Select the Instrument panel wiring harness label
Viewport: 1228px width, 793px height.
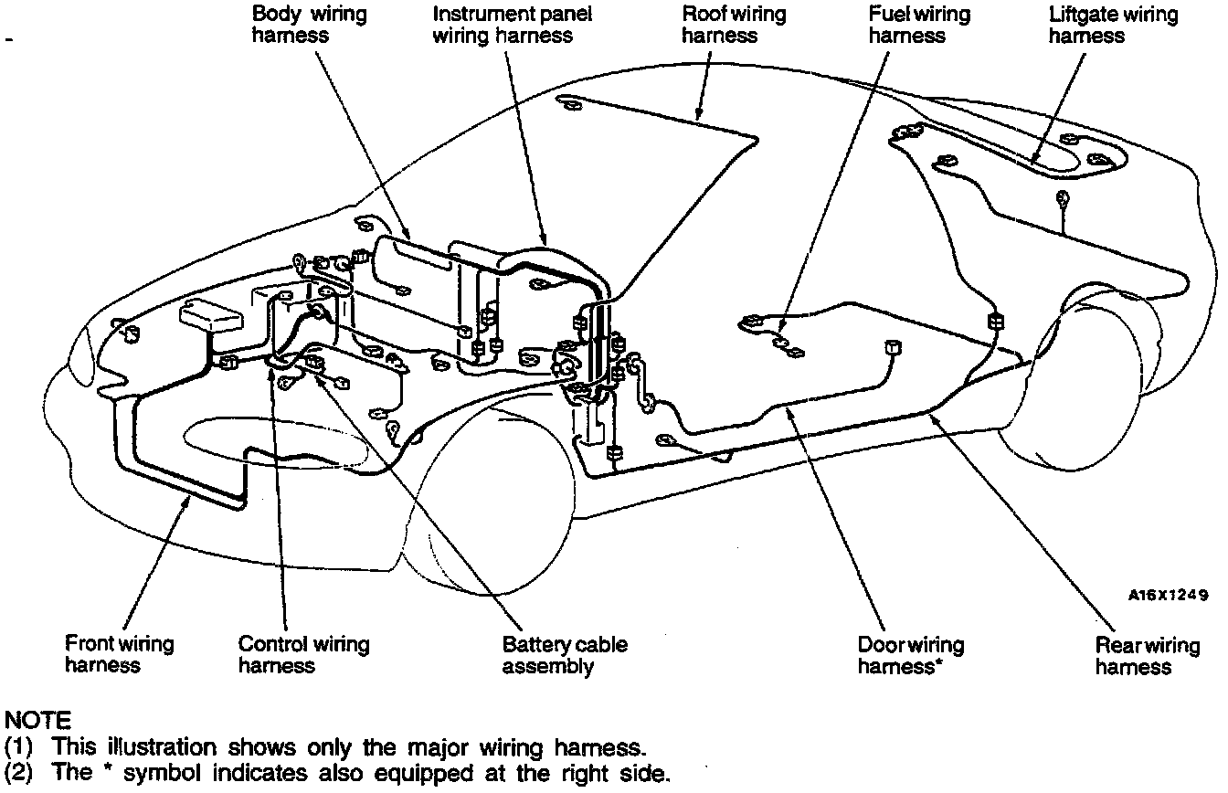pyautogui.click(x=512, y=25)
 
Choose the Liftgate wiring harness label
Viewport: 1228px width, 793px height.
pyautogui.click(x=1113, y=25)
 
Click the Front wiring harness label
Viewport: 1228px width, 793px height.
pyautogui.click(x=119, y=654)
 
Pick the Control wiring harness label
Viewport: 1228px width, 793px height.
pyautogui.click(x=303, y=654)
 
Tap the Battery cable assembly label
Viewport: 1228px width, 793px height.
pyautogui.click(x=565, y=655)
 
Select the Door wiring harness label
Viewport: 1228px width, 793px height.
pyautogui.click(x=910, y=656)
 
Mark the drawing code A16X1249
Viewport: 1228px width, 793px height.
pyautogui.click(x=1168, y=595)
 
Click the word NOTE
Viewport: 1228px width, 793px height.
pyautogui.click(x=37, y=722)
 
